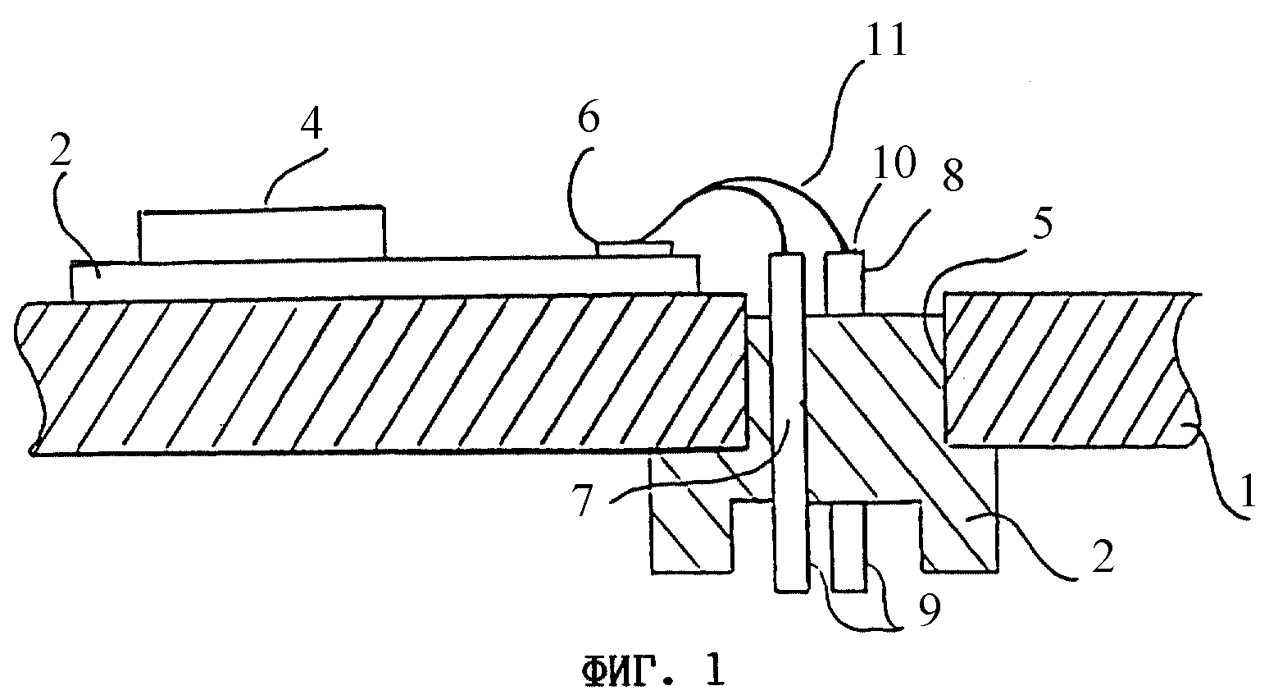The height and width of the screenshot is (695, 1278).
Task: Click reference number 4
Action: [312, 125]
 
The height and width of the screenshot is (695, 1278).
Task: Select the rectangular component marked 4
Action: [262, 232]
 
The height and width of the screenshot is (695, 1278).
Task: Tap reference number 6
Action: [589, 118]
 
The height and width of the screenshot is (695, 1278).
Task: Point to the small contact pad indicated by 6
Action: [634, 249]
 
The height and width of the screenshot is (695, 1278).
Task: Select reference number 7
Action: [583, 501]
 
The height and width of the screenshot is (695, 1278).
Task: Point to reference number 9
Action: [930, 610]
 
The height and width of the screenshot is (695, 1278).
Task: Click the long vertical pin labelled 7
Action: [788, 422]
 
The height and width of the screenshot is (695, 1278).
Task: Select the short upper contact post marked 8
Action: [844, 282]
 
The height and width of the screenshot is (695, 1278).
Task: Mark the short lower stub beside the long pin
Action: [849, 546]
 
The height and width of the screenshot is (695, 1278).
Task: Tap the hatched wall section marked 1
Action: [1067, 369]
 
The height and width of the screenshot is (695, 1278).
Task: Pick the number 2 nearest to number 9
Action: [1102, 557]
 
